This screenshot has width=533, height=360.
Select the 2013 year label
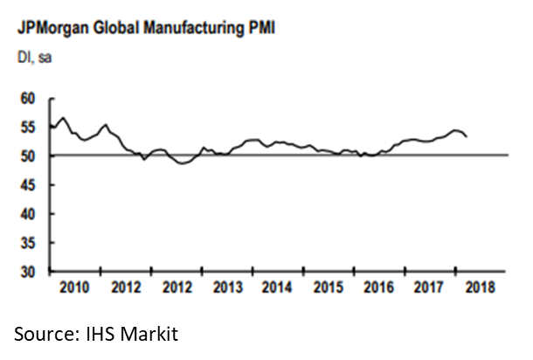click(227, 287)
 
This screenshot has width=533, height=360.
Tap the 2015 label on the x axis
click(328, 287)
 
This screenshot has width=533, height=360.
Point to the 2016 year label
click(378, 287)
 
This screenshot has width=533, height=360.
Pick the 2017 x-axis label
click(429, 287)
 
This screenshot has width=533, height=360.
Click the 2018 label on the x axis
click(478, 287)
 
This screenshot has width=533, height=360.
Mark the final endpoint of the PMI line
click(467, 136)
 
